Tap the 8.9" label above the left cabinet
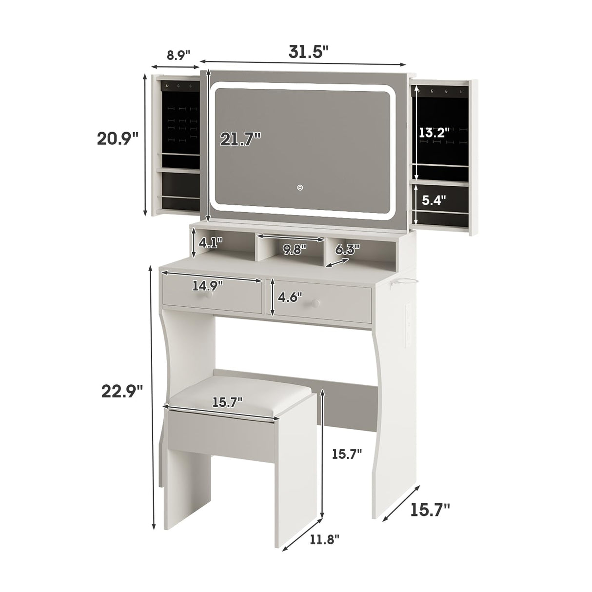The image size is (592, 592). coord(178,55)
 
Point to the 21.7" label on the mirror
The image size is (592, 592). coord(240,139)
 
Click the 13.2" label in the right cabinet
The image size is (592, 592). coord(434,132)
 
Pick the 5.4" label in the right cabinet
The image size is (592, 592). coord(434,200)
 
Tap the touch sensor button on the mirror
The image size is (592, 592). coord(301,187)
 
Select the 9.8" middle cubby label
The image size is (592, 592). coord(295,249)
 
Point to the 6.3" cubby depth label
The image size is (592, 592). coord(347,249)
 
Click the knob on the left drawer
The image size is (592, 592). coord(208,296)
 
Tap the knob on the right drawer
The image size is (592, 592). coord(316,303)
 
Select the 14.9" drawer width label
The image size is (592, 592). coord(208,285)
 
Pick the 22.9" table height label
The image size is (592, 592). coord(122,391)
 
